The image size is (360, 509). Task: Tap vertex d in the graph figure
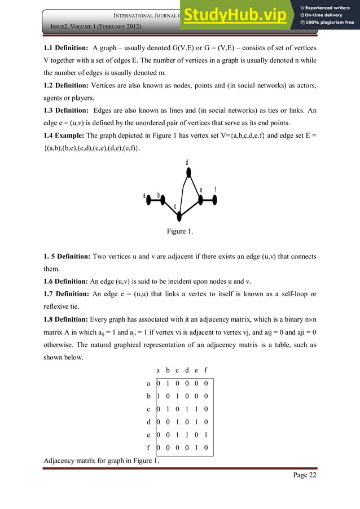pyautogui.click(x=188, y=172)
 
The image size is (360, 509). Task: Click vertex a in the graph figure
pyautogui.click(x=148, y=199)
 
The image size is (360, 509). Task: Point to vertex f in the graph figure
pyautogui.click(x=215, y=199)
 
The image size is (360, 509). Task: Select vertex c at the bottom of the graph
pyautogui.click(x=178, y=215)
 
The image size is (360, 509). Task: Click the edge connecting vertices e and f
pyautogui.click(x=208, y=199)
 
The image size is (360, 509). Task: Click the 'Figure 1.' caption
pyautogui.click(x=179, y=231)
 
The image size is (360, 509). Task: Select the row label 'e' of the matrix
pyautogui.click(x=148, y=435)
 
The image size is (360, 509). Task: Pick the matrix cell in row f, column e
pyautogui.click(x=196, y=449)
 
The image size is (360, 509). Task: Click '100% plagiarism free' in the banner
pyautogui.click(x=331, y=23)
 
